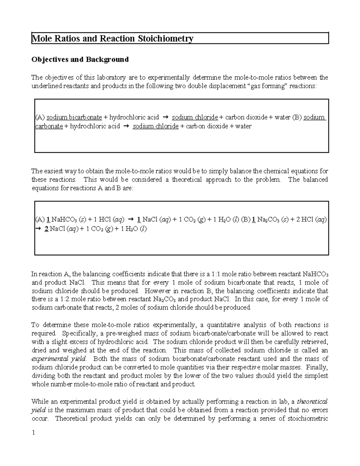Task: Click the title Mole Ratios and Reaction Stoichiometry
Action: pyautogui.click(x=112, y=39)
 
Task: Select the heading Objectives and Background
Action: pyautogui.click(x=80, y=59)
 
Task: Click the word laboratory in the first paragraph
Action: pyautogui.click(x=111, y=77)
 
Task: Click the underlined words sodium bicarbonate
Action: pyautogui.click(x=74, y=117)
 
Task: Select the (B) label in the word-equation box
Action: pyautogui.click(x=297, y=117)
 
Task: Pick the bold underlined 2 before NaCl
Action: pyautogui.click(x=46, y=229)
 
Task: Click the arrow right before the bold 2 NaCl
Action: pyautogui.click(x=37, y=229)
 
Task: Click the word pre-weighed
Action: pyautogui.click(x=104, y=333)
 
